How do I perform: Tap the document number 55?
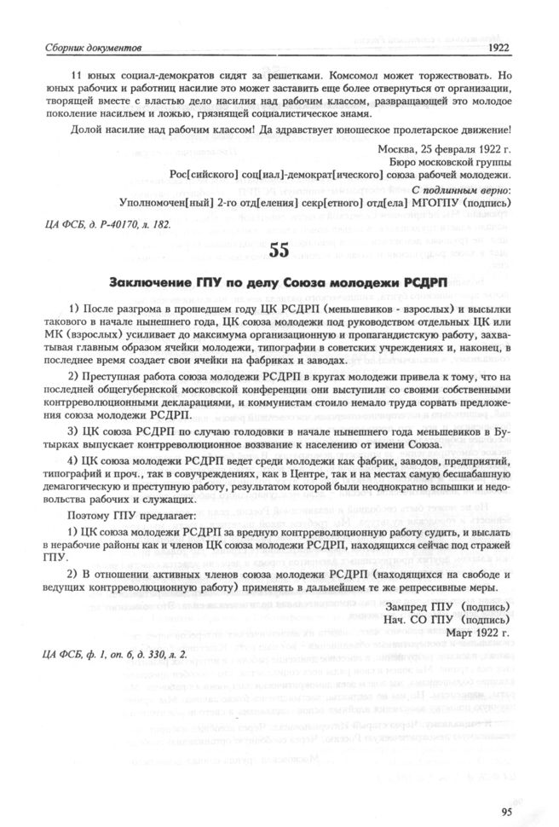tap(279, 250)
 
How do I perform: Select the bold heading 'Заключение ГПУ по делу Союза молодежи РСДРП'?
tap(279, 282)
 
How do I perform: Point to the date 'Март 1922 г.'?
tap(474, 633)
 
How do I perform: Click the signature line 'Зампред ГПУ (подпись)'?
tap(447, 606)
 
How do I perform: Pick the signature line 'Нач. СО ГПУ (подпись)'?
tap(447, 619)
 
